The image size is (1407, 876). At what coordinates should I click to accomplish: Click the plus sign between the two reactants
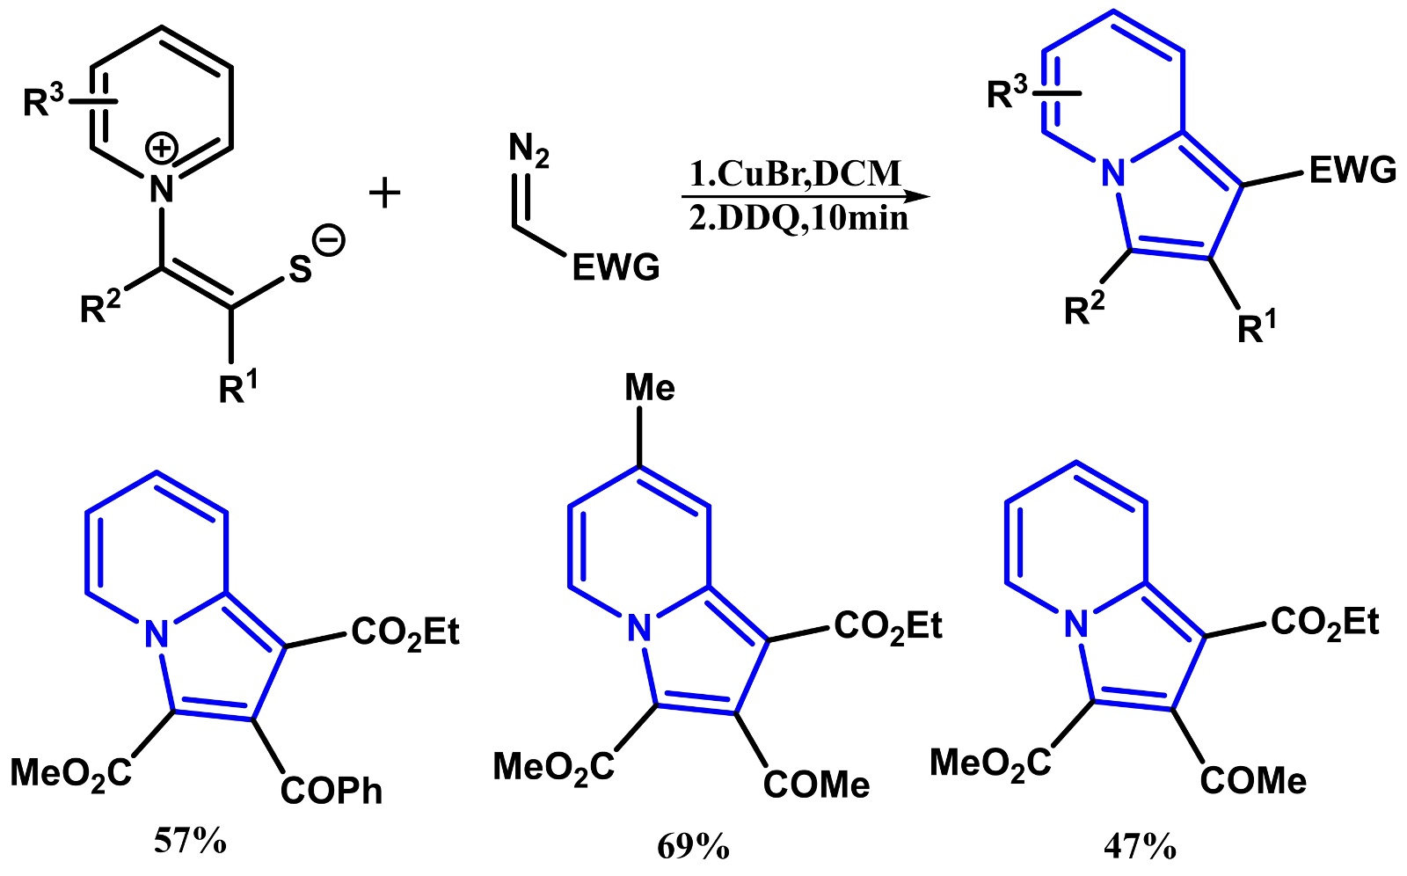click(384, 193)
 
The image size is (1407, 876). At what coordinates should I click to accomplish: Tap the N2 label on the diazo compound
click(529, 150)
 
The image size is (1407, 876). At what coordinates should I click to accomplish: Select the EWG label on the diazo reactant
click(616, 267)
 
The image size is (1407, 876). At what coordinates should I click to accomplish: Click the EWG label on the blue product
click(1352, 170)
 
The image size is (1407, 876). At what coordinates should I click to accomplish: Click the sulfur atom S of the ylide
click(300, 270)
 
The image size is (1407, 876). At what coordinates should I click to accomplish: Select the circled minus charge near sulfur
click(330, 240)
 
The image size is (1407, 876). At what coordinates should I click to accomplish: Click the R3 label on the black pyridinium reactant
click(44, 102)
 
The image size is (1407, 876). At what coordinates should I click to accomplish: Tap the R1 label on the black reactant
click(239, 388)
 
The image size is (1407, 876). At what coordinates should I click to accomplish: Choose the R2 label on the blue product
click(1084, 310)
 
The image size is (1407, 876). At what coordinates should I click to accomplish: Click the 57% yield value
click(190, 842)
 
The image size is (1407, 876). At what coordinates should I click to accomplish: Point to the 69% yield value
click(693, 846)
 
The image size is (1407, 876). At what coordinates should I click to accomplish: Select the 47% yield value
click(1140, 846)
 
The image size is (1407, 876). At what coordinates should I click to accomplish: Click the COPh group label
click(332, 791)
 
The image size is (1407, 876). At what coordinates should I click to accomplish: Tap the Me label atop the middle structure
click(650, 388)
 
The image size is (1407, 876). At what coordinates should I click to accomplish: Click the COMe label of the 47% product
click(1253, 780)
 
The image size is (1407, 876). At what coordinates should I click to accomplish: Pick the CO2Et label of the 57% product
click(405, 631)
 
